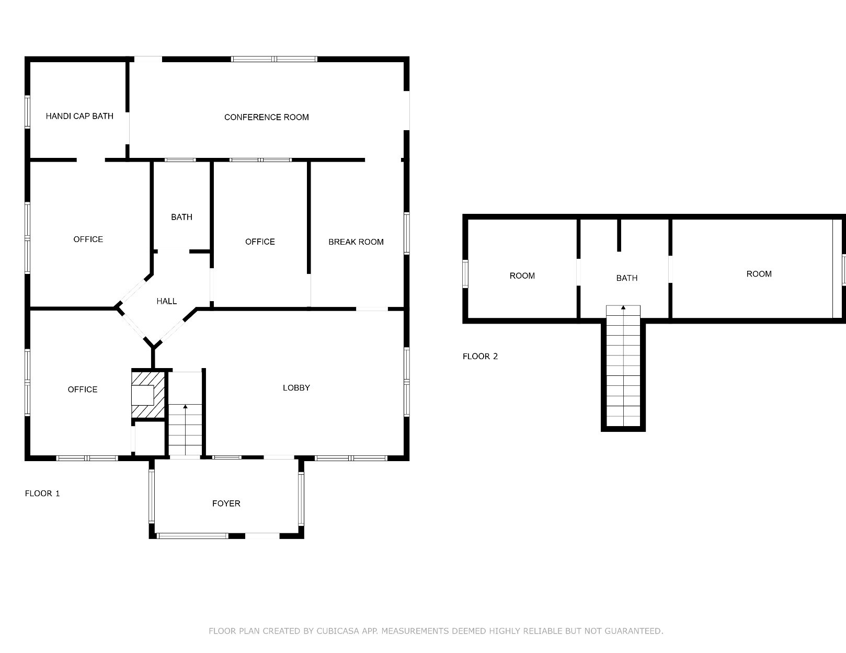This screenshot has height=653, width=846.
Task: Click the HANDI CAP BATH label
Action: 79,116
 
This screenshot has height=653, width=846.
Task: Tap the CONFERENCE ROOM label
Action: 266,117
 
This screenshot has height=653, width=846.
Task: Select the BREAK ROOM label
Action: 356,242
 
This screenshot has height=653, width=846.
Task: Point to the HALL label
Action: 167,301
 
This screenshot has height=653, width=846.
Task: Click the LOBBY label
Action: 296,388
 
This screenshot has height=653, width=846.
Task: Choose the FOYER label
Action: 226,503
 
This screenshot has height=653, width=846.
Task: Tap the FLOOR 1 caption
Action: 42,494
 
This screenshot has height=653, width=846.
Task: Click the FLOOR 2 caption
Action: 480,357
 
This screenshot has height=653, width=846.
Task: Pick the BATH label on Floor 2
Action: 627,278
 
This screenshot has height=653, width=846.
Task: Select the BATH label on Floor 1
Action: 182,217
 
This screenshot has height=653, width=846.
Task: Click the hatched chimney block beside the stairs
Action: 148,395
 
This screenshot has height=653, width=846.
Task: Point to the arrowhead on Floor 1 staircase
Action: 185,407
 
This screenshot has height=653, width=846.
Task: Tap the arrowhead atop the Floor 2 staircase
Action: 623,307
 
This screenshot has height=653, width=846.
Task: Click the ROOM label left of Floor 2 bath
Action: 522,276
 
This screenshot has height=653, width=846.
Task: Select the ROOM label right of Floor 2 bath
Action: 759,274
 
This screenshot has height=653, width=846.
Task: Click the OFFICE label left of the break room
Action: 260,242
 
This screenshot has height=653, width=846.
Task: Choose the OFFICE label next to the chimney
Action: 83,389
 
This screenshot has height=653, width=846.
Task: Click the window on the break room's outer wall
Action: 406,234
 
